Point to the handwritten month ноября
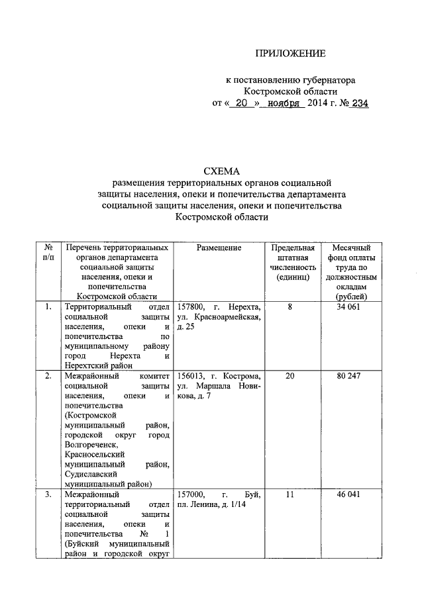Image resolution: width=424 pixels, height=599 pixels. (284, 103)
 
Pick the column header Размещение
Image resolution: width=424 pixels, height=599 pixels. (219, 248)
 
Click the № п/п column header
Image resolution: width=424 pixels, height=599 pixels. (48, 252)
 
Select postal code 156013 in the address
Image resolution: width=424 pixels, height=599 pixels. (192, 376)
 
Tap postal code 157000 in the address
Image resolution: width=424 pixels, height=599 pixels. (193, 494)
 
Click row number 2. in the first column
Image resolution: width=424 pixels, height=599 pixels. (48, 376)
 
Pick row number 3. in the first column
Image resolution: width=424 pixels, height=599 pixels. (48, 494)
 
